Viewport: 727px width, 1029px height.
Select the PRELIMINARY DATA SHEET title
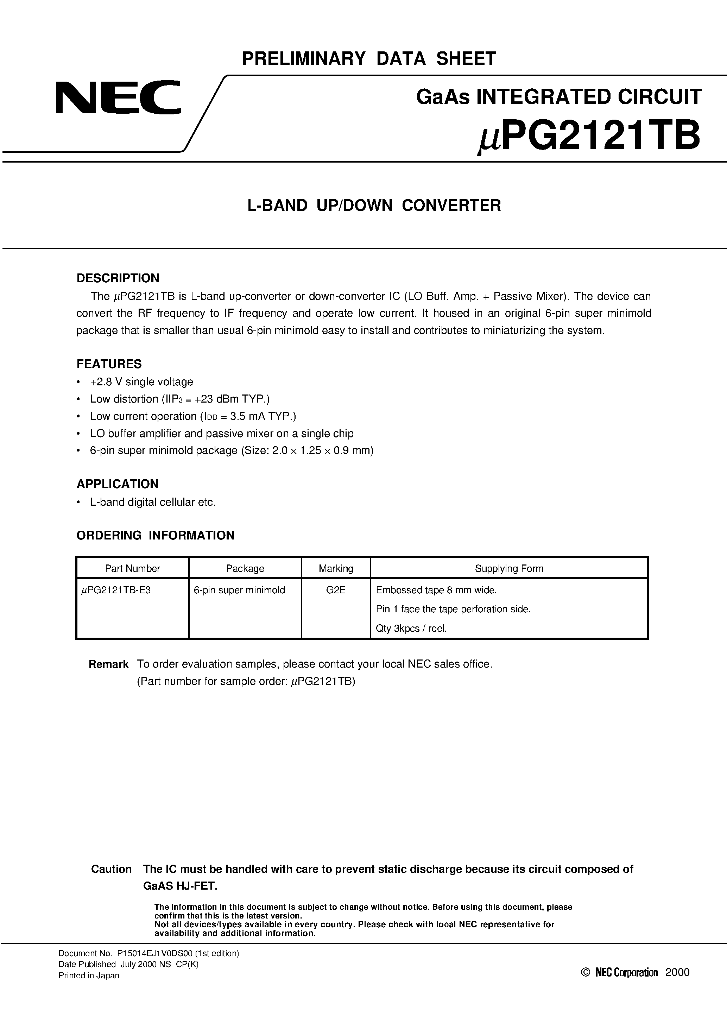coord(369,59)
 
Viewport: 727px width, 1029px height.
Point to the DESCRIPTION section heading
coord(118,278)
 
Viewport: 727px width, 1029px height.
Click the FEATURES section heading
coord(109,364)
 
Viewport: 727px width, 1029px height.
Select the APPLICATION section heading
coord(118,484)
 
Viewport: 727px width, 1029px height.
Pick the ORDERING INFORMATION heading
coord(155,535)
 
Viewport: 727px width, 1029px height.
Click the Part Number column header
coord(132,568)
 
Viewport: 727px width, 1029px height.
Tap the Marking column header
coord(336,568)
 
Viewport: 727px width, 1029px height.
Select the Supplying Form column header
coord(509,568)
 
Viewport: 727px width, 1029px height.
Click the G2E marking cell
coord(336,590)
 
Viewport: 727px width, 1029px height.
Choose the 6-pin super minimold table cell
coord(239,590)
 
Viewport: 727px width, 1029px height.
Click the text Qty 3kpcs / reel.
coord(411,628)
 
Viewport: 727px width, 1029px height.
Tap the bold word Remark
coord(108,664)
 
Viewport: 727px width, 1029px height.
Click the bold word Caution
coord(111,869)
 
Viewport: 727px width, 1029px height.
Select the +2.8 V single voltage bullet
coord(141,382)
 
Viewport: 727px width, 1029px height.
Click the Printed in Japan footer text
coord(89,975)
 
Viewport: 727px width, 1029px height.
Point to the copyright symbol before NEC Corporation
coord(585,972)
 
